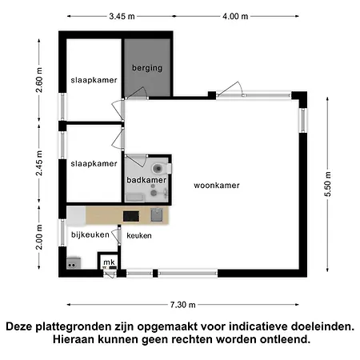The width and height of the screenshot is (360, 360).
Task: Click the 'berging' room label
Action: [148, 68]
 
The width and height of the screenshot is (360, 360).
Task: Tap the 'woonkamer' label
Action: [217, 185]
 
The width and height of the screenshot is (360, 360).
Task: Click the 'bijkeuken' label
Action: [88, 234]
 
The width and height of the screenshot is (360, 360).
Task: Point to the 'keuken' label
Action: [138, 235]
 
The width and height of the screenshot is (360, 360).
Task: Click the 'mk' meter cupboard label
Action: [109, 262]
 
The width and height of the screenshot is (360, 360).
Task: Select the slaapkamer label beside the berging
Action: [94, 81]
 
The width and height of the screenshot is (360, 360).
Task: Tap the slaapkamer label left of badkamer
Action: [94, 162]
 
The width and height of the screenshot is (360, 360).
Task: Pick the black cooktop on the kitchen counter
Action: [130, 216]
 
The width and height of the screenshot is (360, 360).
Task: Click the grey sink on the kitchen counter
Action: [158, 215]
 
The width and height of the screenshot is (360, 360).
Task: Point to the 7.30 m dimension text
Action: [183, 304]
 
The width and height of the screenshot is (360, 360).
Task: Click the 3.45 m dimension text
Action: [121, 15]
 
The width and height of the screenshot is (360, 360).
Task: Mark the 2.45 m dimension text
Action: [38, 163]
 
